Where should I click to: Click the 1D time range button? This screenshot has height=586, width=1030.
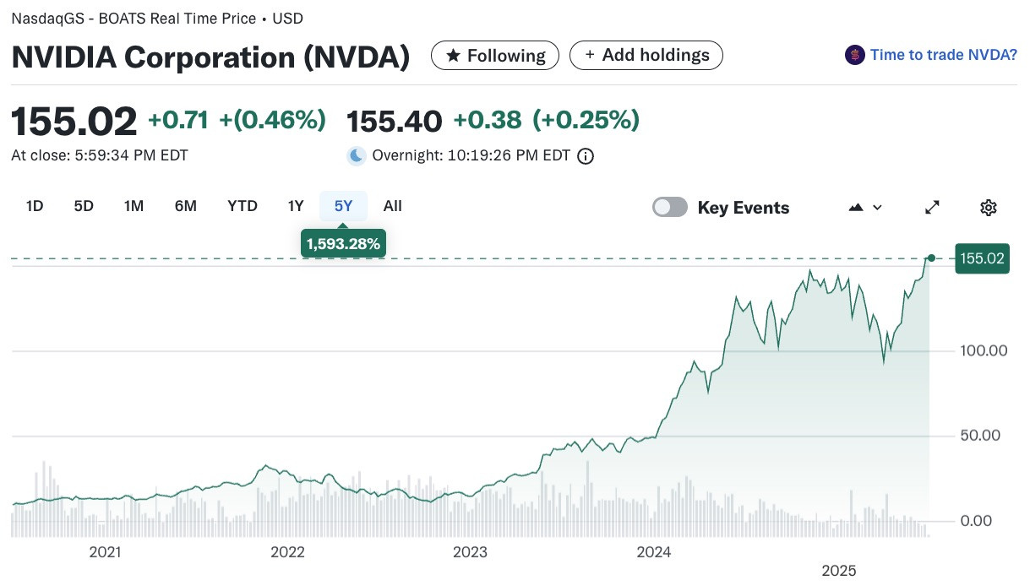(35, 206)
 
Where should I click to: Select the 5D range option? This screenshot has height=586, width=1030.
(84, 206)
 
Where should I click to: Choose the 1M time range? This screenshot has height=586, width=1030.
(134, 206)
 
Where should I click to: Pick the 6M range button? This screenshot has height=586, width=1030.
(185, 206)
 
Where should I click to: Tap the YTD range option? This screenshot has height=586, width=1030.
(243, 206)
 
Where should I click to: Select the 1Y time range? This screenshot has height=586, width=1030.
(296, 206)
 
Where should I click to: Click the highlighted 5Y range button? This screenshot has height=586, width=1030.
(344, 206)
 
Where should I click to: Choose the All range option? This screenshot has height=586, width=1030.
(392, 206)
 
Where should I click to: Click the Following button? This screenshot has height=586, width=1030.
(495, 55)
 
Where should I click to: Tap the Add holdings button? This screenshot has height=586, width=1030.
(646, 55)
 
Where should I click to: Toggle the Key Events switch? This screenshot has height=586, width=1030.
(669, 207)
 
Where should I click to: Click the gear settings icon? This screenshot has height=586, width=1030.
(988, 208)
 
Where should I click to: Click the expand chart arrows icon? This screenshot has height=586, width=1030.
(932, 207)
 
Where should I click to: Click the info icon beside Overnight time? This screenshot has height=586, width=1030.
(586, 156)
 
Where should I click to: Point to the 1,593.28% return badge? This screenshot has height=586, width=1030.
(344, 243)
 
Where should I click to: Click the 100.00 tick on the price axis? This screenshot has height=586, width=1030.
(984, 351)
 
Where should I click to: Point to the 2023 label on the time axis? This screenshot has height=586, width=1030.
(470, 552)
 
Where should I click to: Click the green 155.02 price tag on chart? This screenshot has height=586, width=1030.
(982, 258)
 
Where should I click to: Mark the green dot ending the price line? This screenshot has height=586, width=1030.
(931, 258)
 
